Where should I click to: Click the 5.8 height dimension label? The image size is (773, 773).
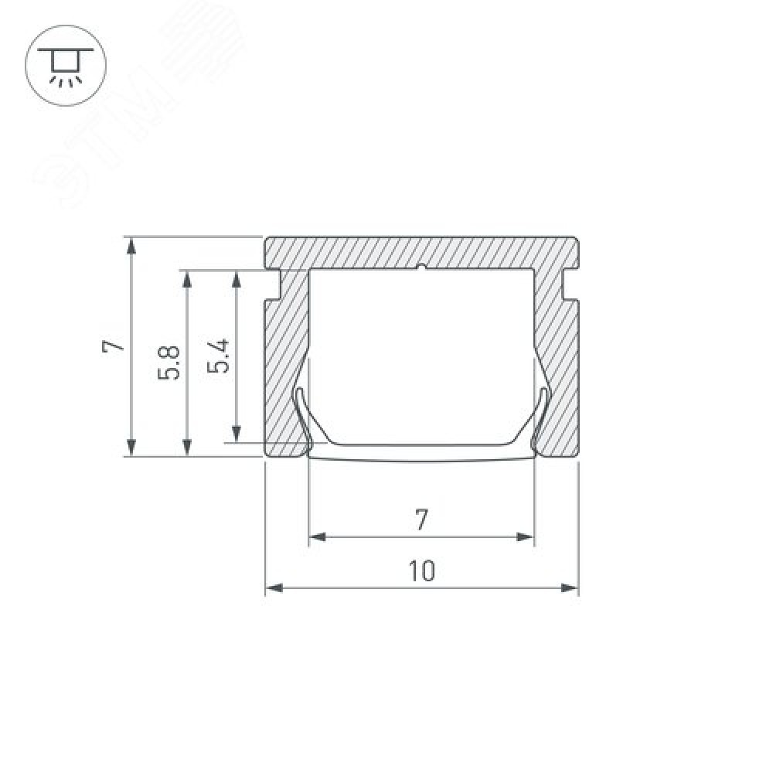tap(169, 363)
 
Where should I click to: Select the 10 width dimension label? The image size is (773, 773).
tap(422, 571)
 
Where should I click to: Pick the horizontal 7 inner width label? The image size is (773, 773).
tap(421, 520)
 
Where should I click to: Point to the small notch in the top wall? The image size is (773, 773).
tap(421, 267)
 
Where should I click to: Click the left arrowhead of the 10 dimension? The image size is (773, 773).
tap(274, 587)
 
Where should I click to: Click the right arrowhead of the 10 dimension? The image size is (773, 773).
tap(570, 587)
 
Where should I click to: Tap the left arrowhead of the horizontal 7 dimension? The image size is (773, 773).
tap(317, 536)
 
